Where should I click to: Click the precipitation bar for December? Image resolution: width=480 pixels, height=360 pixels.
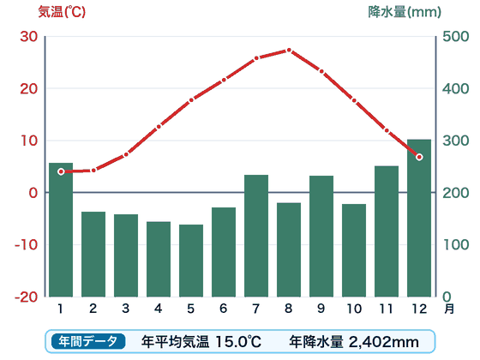419,218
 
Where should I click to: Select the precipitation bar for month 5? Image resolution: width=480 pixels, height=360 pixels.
191,261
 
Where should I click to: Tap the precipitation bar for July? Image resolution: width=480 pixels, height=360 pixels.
256,236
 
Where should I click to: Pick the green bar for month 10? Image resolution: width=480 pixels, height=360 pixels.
354,250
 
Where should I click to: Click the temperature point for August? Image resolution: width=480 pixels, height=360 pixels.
289,50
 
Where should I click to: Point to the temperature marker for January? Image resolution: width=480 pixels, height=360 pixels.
61,171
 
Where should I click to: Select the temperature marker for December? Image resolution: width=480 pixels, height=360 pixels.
419,157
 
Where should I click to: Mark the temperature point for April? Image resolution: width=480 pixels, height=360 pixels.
159,127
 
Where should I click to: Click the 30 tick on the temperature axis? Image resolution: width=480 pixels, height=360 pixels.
29,36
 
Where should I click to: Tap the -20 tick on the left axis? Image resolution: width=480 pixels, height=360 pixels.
27,297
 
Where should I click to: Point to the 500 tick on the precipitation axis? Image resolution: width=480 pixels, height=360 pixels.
455,36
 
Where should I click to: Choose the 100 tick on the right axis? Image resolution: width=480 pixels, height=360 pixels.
456,244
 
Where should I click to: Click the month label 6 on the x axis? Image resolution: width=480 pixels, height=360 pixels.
224,309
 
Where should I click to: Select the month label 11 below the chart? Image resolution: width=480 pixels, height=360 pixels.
386,309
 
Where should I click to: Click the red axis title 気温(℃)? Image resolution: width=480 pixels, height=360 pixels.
62,12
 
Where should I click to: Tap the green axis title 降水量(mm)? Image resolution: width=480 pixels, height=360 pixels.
405,12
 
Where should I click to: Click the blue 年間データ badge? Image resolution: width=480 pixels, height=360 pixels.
88,341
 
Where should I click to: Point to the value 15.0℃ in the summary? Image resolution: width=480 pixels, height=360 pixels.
238,342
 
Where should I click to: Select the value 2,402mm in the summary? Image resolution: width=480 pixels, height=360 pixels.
384,342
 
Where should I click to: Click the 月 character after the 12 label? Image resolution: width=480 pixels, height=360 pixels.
449,309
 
